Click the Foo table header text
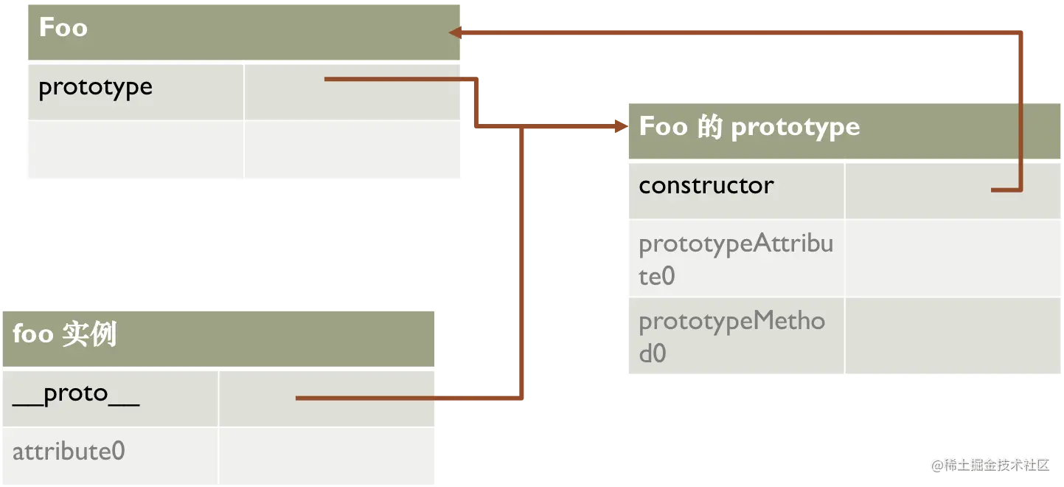(x=63, y=28)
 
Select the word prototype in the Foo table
(x=95, y=87)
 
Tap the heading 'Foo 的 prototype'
(x=749, y=127)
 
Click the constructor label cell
(x=706, y=185)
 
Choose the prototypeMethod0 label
(x=731, y=336)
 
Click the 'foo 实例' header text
(x=65, y=334)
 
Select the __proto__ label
(x=76, y=394)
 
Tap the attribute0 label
(x=69, y=451)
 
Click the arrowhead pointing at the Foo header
(x=456, y=32)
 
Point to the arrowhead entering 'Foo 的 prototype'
(x=620, y=128)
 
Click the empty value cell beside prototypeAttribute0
(x=952, y=258)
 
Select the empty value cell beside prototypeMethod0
(x=952, y=336)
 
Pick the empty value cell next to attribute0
(x=326, y=455)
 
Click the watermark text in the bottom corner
(x=990, y=464)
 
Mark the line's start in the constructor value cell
(x=993, y=190)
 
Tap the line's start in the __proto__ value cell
(x=298, y=398)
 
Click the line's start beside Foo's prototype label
(x=327, y=79)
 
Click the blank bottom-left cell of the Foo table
(x=135, y=150)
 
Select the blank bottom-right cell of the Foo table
(x=352, y=150)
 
